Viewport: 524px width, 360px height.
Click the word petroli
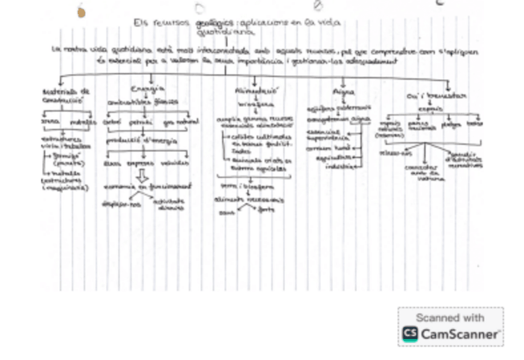tap(144, 122)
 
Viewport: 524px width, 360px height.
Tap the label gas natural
tap(182, 122)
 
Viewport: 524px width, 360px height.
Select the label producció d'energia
tap(142, 141)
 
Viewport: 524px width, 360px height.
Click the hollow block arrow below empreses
tap(143, 175)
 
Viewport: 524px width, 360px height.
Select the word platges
tap(452, 125)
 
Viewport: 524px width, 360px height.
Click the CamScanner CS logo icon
tap(410, 333)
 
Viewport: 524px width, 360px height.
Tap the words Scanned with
tap(450, 317)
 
